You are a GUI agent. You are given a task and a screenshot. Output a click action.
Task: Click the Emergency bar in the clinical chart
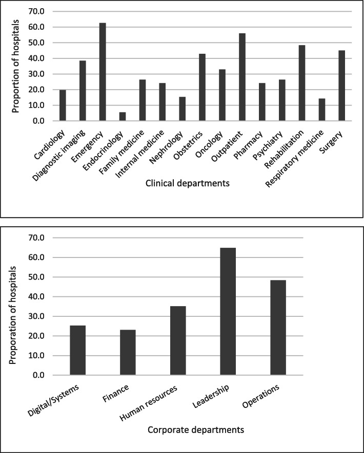102,72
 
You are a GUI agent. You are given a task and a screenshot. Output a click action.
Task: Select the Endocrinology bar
122,117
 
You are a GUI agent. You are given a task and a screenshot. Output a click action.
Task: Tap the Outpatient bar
242,77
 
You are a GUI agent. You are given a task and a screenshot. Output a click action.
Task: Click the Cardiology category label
53,138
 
